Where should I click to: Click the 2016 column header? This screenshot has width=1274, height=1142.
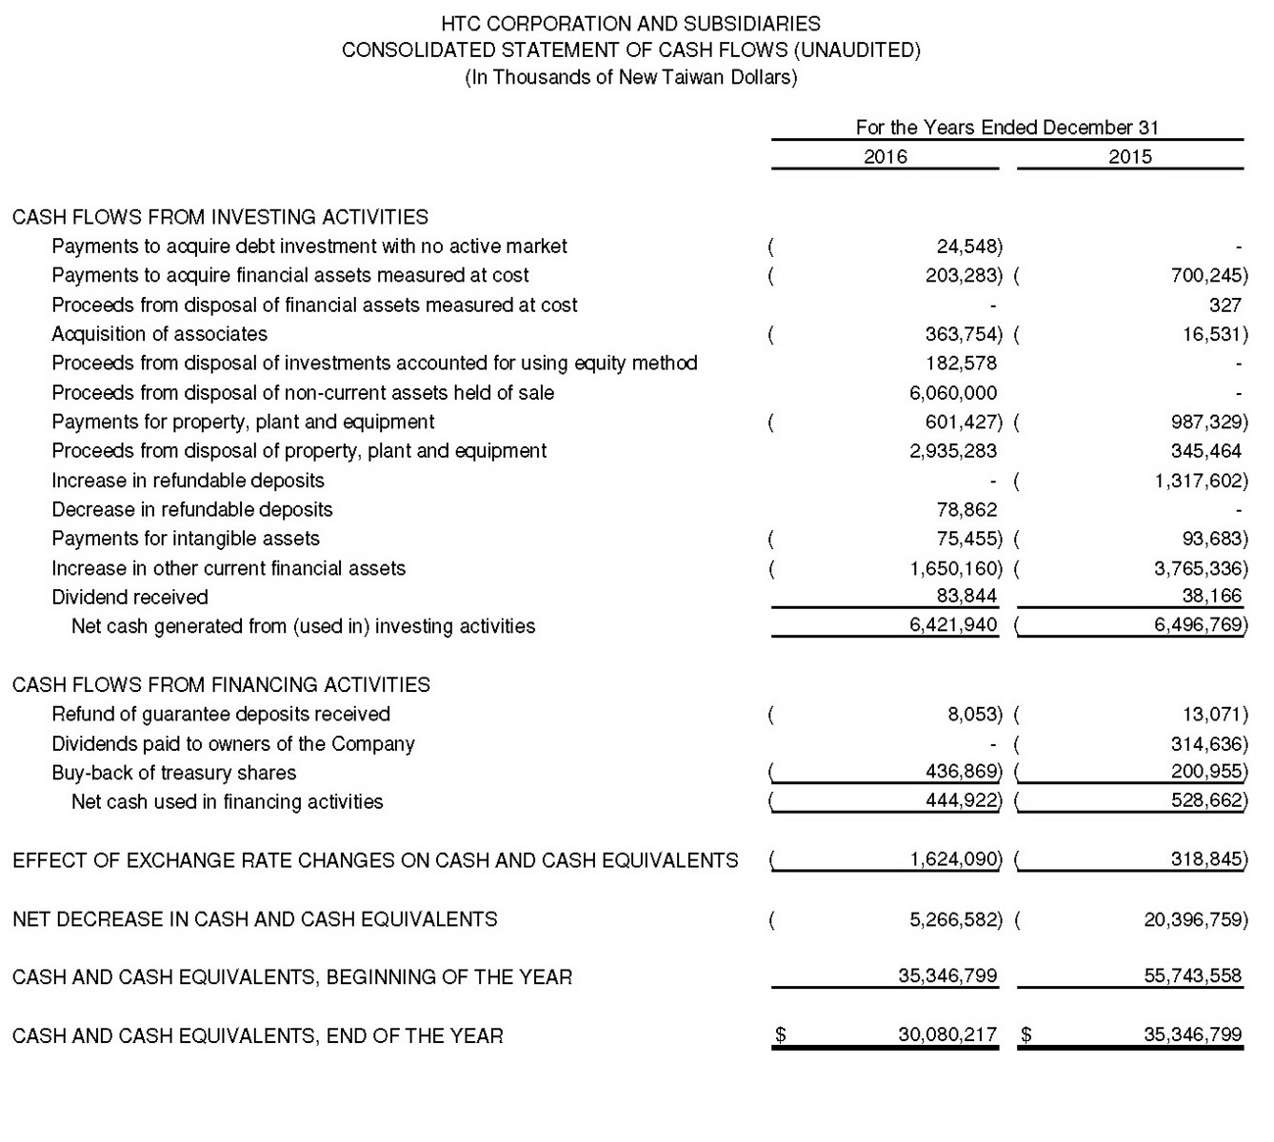point(885,156)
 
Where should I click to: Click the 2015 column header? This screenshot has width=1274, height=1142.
point(1129,156)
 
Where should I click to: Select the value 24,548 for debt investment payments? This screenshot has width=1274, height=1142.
point(968,246)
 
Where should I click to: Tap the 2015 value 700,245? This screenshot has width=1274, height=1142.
point(1207,275)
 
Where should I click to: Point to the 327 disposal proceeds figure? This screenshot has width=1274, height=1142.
point(1224,305)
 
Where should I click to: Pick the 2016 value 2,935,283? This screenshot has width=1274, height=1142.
point(953,450)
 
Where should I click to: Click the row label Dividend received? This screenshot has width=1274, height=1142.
point(129,597)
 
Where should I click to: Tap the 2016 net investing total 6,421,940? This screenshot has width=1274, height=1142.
point(953,624)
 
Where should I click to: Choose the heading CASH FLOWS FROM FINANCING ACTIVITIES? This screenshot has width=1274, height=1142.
point(221,684)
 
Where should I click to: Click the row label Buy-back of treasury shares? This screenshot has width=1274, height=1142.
point(173,772)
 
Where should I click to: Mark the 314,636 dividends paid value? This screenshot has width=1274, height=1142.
point(1207,743)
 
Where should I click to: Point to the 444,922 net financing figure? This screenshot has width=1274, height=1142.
point(963,800)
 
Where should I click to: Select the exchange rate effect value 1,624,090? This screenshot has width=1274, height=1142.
point(955,859)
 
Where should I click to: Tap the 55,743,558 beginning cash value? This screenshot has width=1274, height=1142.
point(1192,975)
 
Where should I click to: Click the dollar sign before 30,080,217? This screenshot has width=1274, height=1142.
point(781,1034)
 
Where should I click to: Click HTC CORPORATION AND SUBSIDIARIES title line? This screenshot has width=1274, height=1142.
point(630,24)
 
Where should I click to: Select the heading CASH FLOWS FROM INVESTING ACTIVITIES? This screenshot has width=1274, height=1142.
point(220,217)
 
